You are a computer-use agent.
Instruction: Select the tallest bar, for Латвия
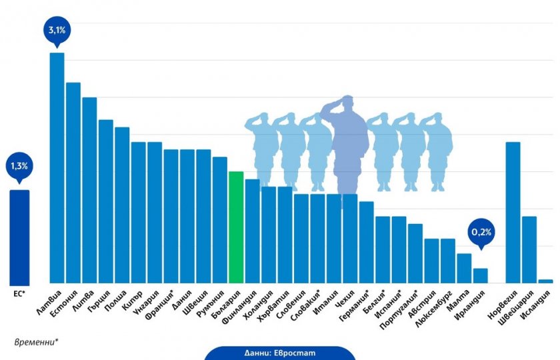[x=57, y=167]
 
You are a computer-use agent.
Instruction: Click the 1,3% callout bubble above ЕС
[x=19, y=166]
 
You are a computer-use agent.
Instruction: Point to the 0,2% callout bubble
[x=481, y=233]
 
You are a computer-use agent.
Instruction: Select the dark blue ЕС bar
[x=19, y=237]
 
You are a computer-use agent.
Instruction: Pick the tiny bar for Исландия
[x=545, y=281]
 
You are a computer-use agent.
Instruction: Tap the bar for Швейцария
[x=529, y=249]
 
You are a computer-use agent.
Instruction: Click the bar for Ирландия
[x=480, y=275]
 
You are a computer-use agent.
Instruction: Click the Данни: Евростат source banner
[x=279, y=353]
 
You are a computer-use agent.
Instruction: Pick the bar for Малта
[x=464, y=268]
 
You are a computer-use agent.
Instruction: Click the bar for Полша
[x=122, y=205]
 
